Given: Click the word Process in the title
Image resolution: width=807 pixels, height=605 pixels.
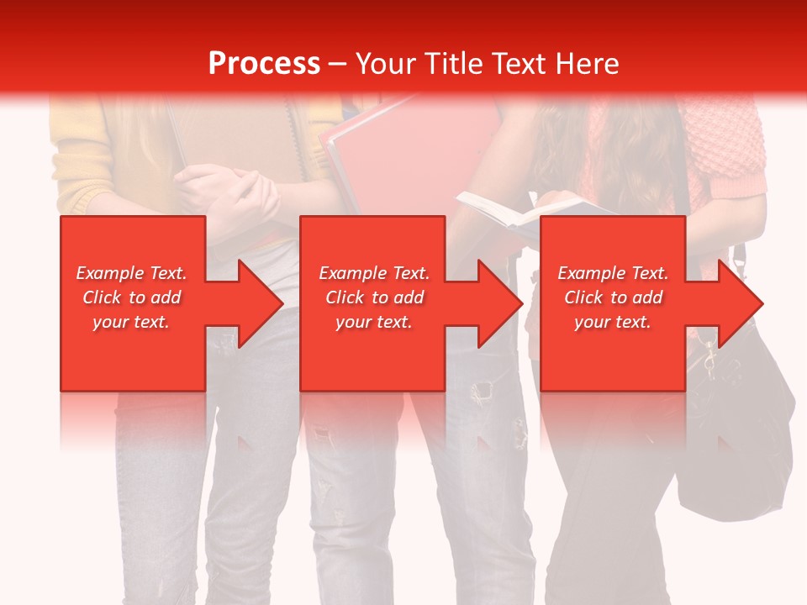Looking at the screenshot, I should click(264, 64).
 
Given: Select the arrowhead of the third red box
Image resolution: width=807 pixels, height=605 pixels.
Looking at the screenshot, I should click(739, 303).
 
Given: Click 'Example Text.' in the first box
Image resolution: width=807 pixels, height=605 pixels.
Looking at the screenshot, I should click(131, 273).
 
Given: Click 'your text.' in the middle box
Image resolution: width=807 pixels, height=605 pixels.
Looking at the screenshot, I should click(374, 322).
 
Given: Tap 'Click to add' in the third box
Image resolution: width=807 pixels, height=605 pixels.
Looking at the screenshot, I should click(613, 297).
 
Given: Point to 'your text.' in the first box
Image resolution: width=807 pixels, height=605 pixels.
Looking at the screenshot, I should click(131, 322).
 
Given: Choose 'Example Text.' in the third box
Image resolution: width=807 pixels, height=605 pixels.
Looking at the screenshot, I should click(613, 273).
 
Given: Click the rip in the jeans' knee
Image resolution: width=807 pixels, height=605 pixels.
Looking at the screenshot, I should click(482, 392).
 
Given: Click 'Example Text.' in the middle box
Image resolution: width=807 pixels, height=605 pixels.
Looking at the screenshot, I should click(374, 273).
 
